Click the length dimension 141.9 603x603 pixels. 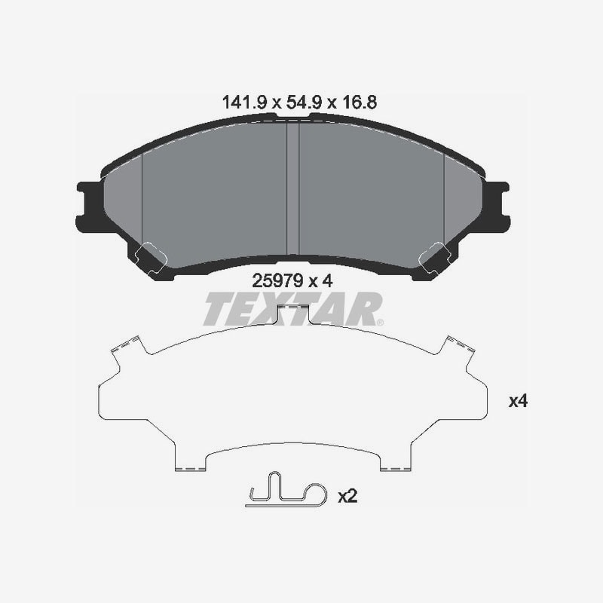tap(244, 103)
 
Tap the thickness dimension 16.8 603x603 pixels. tap(360, 103)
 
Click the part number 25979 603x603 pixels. tap(277, 280)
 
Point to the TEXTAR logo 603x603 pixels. tap(293, 309)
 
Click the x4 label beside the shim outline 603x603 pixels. tap(518, 402)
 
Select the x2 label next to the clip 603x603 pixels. tap(347, 496)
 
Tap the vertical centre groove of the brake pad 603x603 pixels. tap(292, 188)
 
